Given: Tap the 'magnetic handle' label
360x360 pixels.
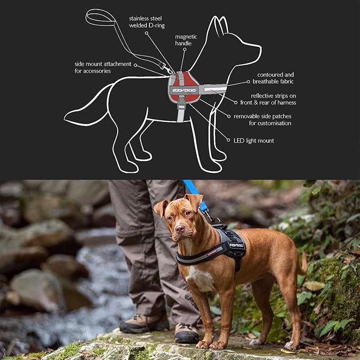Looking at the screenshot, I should pyautogui.click(x=186, y=40).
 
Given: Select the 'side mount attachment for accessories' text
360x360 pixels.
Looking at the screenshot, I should pyautogui.click(x=103, y=67).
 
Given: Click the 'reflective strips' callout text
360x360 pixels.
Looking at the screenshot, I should pyautogui.click(x=273, y=99).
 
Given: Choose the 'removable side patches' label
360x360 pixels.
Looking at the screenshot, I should pyautogui.click(x=262, y=119).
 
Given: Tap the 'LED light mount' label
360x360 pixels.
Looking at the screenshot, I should pyautogui.click(x=253, y=141).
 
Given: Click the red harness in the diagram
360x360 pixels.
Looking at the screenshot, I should pyautogui.click(x=183, y=85).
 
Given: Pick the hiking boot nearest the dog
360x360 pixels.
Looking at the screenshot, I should pyautogui.click(x=187, y=332).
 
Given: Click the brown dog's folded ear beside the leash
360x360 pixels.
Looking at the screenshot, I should pyautogui.click(x=195, y=202).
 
